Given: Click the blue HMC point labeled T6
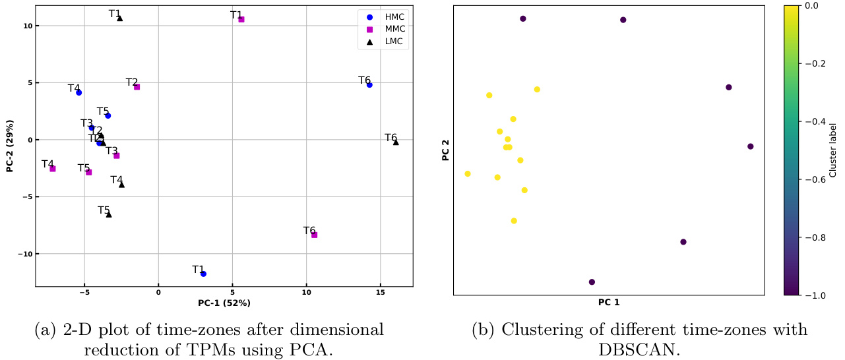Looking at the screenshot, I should click(x=369, y=85).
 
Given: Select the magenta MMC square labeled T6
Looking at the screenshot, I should click(x=315, y=235).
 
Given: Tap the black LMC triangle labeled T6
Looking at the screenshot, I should click(x=396, y=142).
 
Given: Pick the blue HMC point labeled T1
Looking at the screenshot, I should click(x=203, y=274).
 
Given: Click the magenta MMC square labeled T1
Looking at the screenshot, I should click(x=241, y=20).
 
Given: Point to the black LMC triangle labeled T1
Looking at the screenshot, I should click(x=119, y=18).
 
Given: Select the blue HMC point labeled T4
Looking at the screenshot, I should click(x=78, y=92).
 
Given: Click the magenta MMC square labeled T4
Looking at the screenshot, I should click(x=53, y=169).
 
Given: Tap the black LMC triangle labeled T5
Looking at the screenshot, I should click(x=109, y=214).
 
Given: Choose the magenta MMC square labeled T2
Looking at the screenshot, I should click(x=137, y=87).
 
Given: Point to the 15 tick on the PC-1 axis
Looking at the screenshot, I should click(x=380, y=293).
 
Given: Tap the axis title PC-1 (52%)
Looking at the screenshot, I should click(x=224, y=303).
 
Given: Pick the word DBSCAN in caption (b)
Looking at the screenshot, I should click(x=639, y=349).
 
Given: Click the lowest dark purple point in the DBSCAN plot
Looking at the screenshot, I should click(x=592, y=282).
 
